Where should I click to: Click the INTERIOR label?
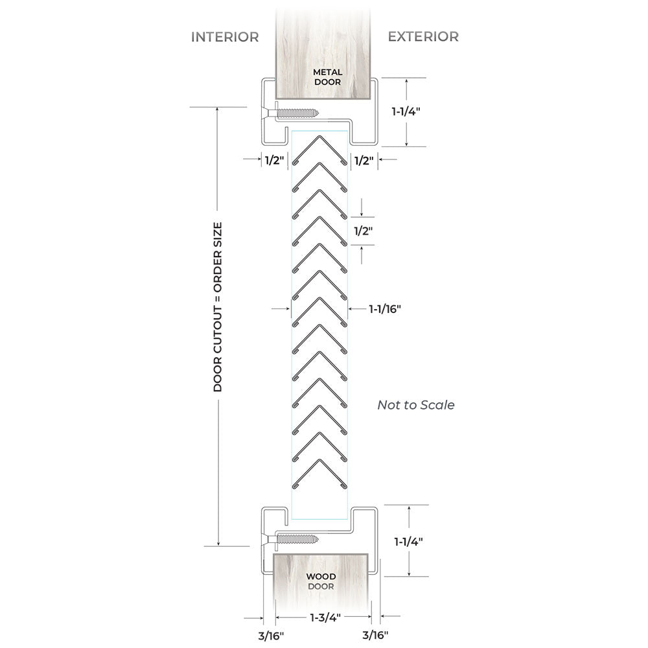click(225, 37)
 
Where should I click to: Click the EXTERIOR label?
click(423, 37)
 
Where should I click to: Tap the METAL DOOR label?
click(328, 77)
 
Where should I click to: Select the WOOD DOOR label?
click(321, 581)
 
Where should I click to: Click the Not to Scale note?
click(416, 404)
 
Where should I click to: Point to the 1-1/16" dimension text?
click(385, 308)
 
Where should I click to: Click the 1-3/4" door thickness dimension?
click(325, 618)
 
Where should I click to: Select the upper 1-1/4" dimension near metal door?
click(406, 111)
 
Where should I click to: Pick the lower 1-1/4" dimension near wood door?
click(408, 542)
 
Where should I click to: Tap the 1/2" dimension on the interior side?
click(273, 160)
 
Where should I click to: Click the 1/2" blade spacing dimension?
click(364, 231)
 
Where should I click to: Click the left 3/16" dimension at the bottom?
click(271, 636)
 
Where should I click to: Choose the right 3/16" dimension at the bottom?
click(375, 635)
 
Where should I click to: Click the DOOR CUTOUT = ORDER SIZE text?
click(217, 307)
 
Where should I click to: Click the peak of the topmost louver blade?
click(319, 136)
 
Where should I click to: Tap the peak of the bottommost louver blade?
click(319, 460)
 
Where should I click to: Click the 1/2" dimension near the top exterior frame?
click(364, 160)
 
